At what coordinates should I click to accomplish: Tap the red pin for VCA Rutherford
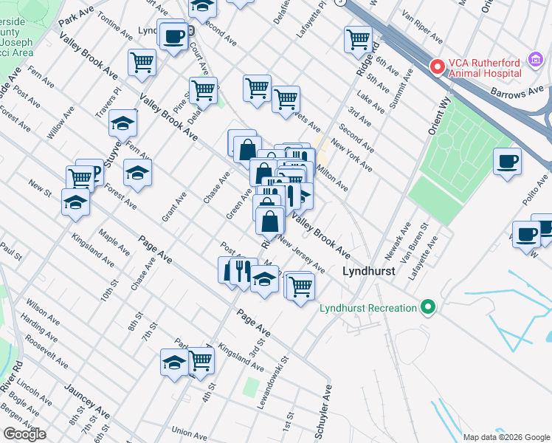[x=437, y=67]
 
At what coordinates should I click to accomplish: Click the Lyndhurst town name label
[x=370, y=271]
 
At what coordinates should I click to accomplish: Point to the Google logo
[x=24, y=434]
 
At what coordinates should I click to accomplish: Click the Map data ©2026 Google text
[x=506, y=437]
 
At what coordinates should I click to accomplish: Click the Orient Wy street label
[x=437, y=118]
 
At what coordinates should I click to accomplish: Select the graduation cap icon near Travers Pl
[x=123, y=124]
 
